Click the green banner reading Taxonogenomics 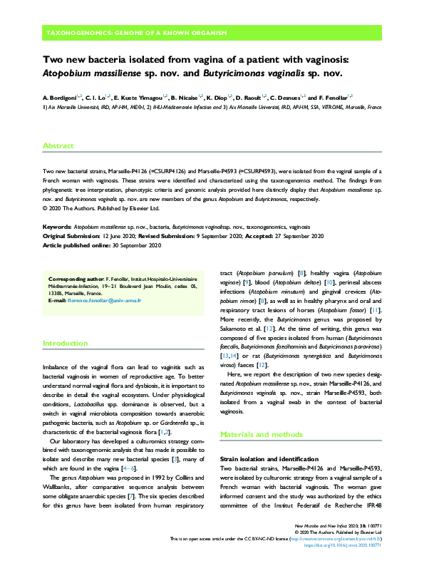(x=136, y=33)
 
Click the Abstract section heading (x=58, y=145)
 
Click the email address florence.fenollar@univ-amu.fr (x=105, y=300)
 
